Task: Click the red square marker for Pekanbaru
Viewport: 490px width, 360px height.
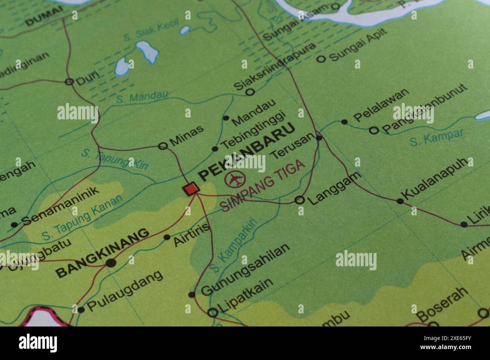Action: (x=190, y=188)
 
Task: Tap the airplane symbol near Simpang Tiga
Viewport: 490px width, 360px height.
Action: (x=235, y=178)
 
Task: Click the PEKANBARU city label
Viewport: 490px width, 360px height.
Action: (x=247, y=153)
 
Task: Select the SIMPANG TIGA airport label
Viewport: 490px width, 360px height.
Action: (x=262, y=185)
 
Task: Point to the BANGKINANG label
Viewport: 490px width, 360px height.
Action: (x=102, y=253)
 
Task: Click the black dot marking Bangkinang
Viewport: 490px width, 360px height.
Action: (x=111, y=263)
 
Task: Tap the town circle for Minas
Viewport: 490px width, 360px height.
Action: (x=163, y=146)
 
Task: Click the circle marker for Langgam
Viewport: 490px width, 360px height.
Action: (x=299, y=200)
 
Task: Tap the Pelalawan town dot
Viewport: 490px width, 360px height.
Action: (x=344, y=122)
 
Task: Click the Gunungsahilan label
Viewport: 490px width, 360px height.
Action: (x=245, y=269)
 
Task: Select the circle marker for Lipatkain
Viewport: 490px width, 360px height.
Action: (x=213, y=312)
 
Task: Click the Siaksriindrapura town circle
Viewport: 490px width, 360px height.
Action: (x=250, y=92)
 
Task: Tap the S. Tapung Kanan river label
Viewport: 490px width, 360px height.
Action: (x=82, y=218)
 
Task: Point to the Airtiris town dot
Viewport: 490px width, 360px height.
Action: (x=167, y=237)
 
